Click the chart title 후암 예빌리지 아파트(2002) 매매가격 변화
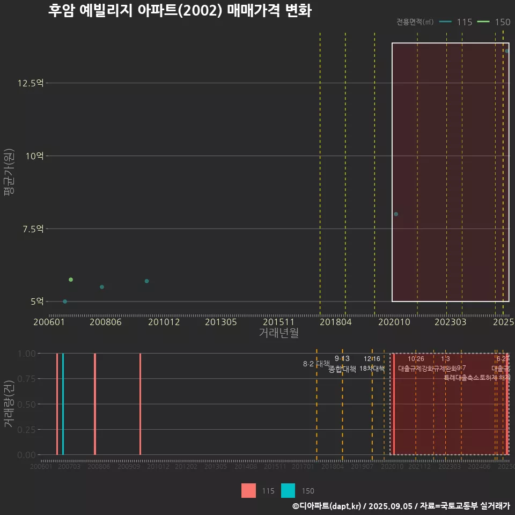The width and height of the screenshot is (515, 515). (180, 11)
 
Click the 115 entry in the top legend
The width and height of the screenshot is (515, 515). (457, 22)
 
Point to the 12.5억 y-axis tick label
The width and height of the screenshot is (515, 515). (31, 83)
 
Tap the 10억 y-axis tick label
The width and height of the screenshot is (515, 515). (34, 156)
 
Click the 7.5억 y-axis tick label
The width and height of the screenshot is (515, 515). (33, 229)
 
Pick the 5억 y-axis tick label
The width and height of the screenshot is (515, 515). (36, 301)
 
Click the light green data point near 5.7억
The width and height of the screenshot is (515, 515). (71, 279)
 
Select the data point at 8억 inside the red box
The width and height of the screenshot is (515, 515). (396, 214)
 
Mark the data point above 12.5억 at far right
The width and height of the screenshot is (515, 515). (506, 51)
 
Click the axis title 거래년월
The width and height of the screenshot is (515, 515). (278, 333)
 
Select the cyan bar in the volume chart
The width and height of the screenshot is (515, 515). (63, 403)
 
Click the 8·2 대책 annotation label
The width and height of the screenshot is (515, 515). (316, 364)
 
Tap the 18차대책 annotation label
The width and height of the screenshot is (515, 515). (372, 369)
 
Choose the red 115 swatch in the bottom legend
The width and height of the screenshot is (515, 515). (248, 490)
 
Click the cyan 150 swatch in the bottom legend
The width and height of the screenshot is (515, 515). (288, 490)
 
